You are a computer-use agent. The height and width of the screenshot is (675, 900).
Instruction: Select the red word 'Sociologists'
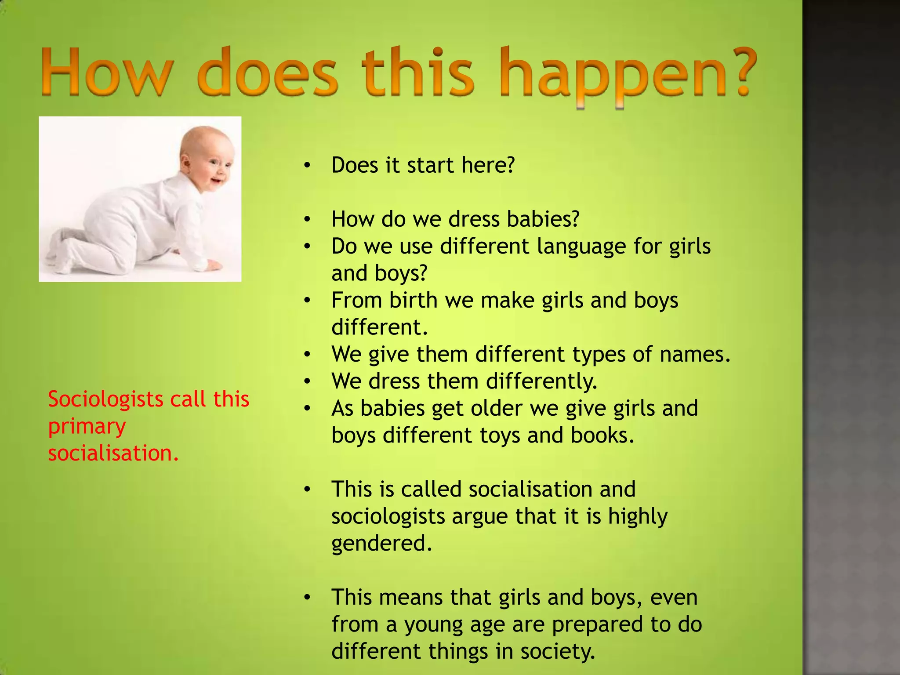coord(105,399)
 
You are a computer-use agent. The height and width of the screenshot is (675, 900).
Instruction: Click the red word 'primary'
coord(87,427)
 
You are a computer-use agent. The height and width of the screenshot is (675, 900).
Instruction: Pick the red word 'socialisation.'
coord(113,454)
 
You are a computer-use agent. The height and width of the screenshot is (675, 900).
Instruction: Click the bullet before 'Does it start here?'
coord(307,166)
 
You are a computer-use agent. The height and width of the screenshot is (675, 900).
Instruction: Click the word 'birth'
coord(413,301)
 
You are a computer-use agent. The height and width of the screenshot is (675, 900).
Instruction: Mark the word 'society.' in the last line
coord(558,652)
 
